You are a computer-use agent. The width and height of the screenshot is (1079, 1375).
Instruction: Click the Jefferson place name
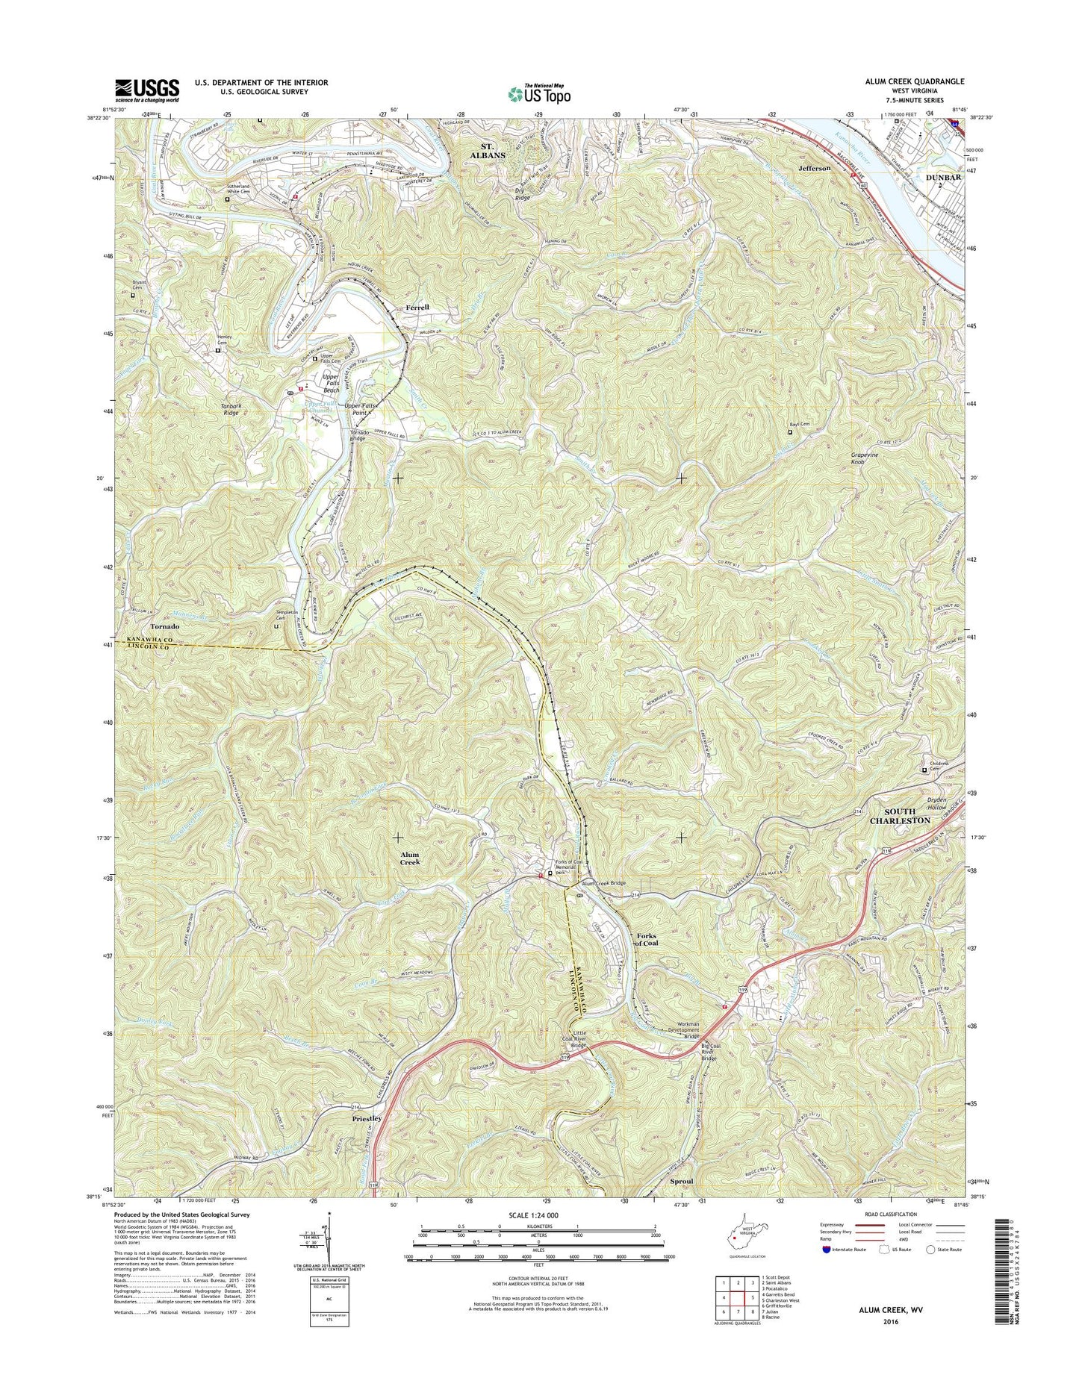814,169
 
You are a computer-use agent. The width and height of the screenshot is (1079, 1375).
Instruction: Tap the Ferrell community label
418,307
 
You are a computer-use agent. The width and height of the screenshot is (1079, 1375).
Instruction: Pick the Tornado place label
164,626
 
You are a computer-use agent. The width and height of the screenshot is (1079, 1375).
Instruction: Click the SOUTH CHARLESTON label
897,816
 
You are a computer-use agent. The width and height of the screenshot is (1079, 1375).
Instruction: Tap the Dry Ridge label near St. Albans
522,193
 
